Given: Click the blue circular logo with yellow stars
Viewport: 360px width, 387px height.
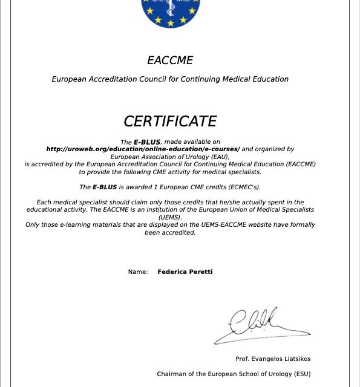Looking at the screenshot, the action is coord(170,12).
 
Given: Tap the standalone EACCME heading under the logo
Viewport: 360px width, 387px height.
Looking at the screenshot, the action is coord(170,60).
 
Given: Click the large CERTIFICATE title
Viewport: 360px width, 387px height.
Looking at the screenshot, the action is coord(170,122).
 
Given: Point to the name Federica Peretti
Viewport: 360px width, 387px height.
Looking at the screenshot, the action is coord(185,272).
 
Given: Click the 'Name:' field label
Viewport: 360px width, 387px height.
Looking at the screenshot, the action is coord(138,272).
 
